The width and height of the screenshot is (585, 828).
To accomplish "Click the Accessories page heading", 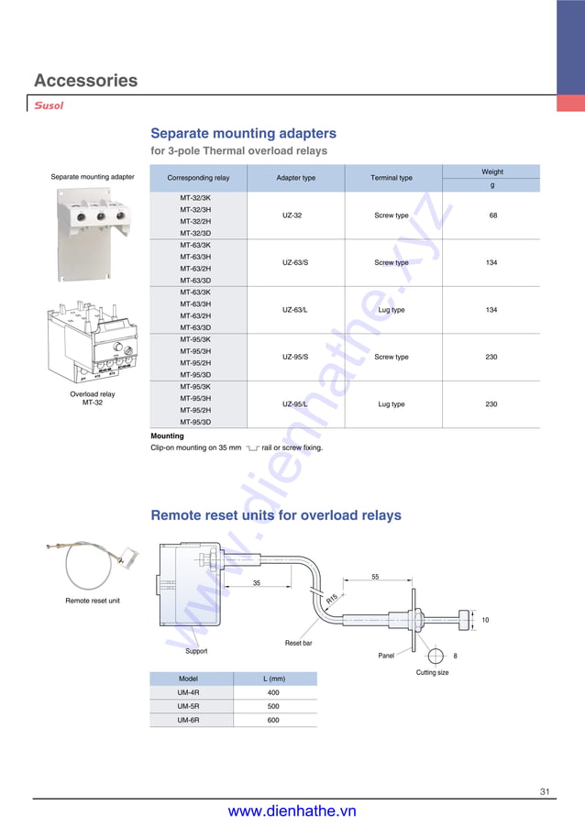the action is pyautogui.click(x=86, y=81).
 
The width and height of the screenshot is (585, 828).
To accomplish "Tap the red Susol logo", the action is pyautogui.click(x=49, y=105).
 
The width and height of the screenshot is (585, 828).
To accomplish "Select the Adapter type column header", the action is pyautogui.click(x=295, y=178).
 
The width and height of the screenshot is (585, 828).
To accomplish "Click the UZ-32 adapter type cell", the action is pyautogui.click(x=292, y=215).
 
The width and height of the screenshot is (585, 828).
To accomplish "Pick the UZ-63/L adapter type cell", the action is pyautogui.click(x=295, y=310).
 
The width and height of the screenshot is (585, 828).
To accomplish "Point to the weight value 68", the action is pyautogui.click(x=492, y=215).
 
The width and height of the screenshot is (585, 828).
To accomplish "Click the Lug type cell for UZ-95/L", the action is pyautogui.click(x=392, y=404).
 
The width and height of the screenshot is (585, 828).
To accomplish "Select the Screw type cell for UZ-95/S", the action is pyautogui.click(x=392, y=357).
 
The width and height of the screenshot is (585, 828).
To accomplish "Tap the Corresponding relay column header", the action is pyautogui.click(x=198, y=178).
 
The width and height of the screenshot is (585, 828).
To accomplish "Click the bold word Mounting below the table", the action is pyautogui.click(x=167, y=436).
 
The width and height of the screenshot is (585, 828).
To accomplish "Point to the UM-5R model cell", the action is pyautogui.click(x=188, y=707).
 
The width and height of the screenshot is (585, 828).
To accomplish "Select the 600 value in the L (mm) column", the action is pyautogui.click(x=273, y=721).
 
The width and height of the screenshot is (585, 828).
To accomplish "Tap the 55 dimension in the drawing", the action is pyautogui.click(x=376, y=577).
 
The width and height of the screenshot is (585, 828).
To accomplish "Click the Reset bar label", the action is pyautogui.click(x=298, y=644).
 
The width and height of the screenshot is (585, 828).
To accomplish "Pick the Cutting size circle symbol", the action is pyautogui.click(x=436, y=656).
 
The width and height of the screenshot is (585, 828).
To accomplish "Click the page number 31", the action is pyautogui.click(x=545, y=791).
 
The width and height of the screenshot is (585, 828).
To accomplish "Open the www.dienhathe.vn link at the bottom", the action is pyautogui.click(x=292, y=811).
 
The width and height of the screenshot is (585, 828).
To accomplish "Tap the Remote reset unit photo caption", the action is pyautogui.click(x=93, y=601).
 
